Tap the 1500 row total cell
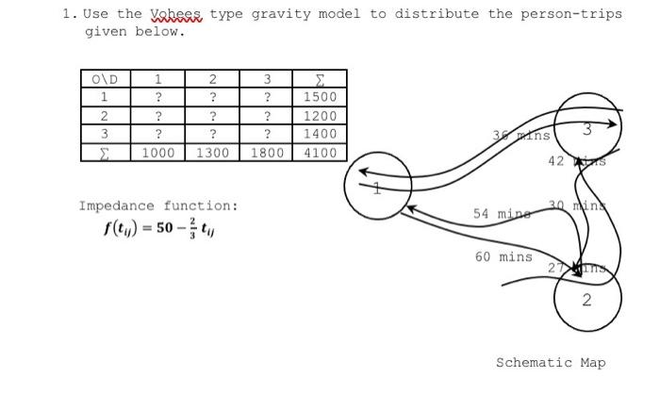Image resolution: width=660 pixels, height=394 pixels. pos(321,97)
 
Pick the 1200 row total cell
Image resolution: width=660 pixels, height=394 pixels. pos(321,116)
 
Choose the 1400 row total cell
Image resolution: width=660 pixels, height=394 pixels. pos(321,134)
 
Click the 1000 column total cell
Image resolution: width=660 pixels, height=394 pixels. pos(161,153)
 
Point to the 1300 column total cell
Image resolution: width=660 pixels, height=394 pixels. pos(214,153)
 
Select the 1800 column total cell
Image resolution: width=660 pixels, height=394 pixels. pos(268,153)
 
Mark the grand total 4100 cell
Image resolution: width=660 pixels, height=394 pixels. pos(321,153)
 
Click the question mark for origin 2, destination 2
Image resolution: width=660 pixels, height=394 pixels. pos(214,116)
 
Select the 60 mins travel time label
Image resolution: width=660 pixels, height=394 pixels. pos(503,256)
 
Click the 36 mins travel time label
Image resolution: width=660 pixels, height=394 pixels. pos(521,136)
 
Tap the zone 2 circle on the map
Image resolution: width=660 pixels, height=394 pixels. pos(586,300)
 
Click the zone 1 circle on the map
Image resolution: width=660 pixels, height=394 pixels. pos(377,185)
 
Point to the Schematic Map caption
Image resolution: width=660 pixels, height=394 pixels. pos(551,362)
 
